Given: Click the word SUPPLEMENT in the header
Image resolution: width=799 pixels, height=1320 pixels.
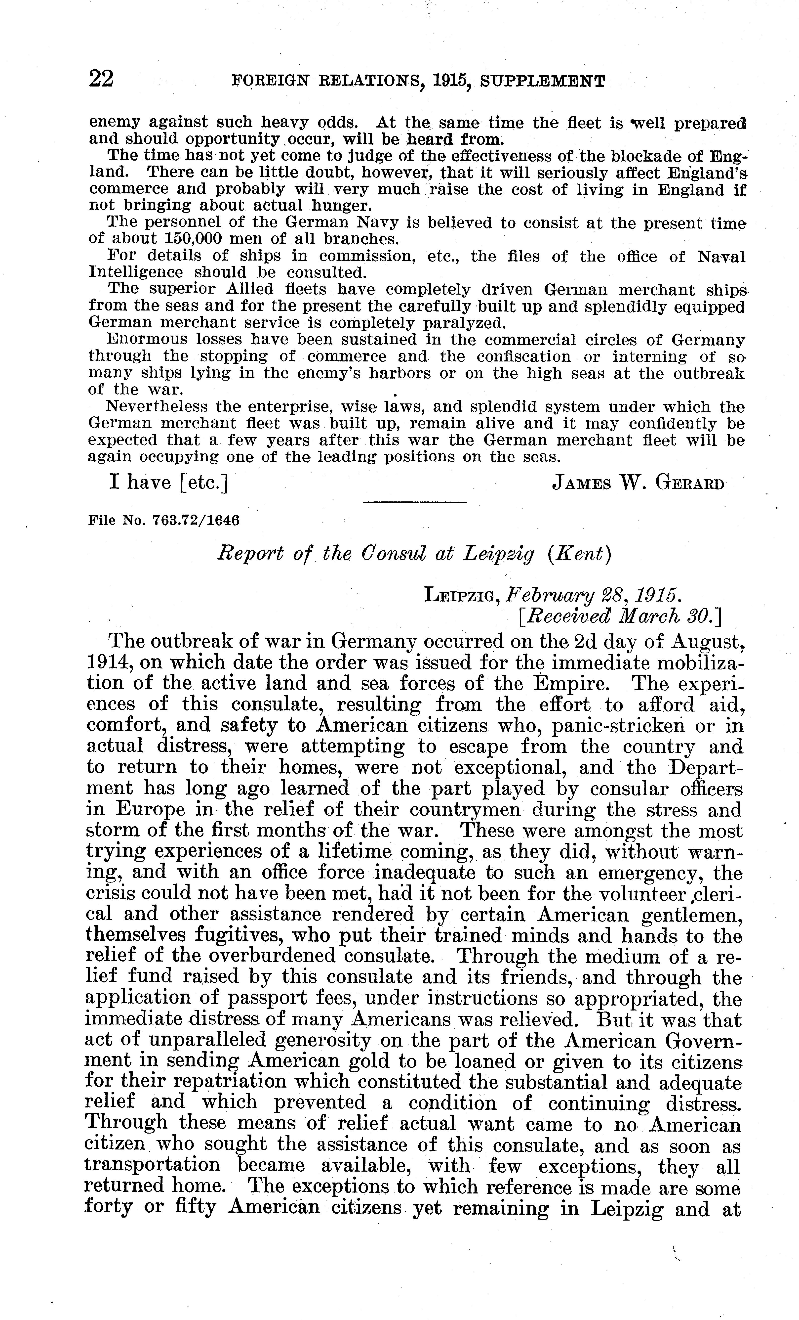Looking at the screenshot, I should pyautogui.click(x=543, y=82).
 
